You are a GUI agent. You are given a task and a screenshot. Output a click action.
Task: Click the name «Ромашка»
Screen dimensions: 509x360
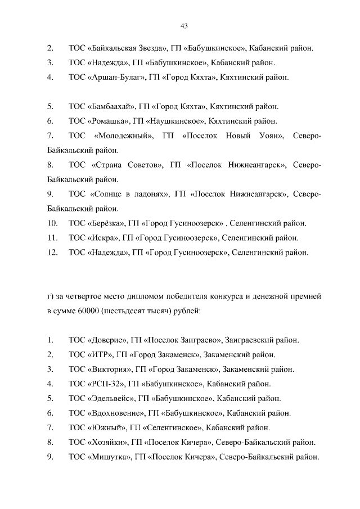click(x=109, y=121)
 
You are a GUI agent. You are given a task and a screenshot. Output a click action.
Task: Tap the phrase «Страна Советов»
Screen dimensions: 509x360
click(x=127, y=165)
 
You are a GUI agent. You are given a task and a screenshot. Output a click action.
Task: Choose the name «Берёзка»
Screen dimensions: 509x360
click(x=107, y=223)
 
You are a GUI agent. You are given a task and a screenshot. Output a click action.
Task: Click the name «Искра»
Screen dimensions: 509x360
click(x=103, y=238)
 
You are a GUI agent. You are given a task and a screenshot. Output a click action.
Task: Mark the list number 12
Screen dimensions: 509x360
click(x=52, y=253)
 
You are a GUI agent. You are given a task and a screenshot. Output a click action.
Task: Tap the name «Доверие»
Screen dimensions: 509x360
click(x=106, y=340)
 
